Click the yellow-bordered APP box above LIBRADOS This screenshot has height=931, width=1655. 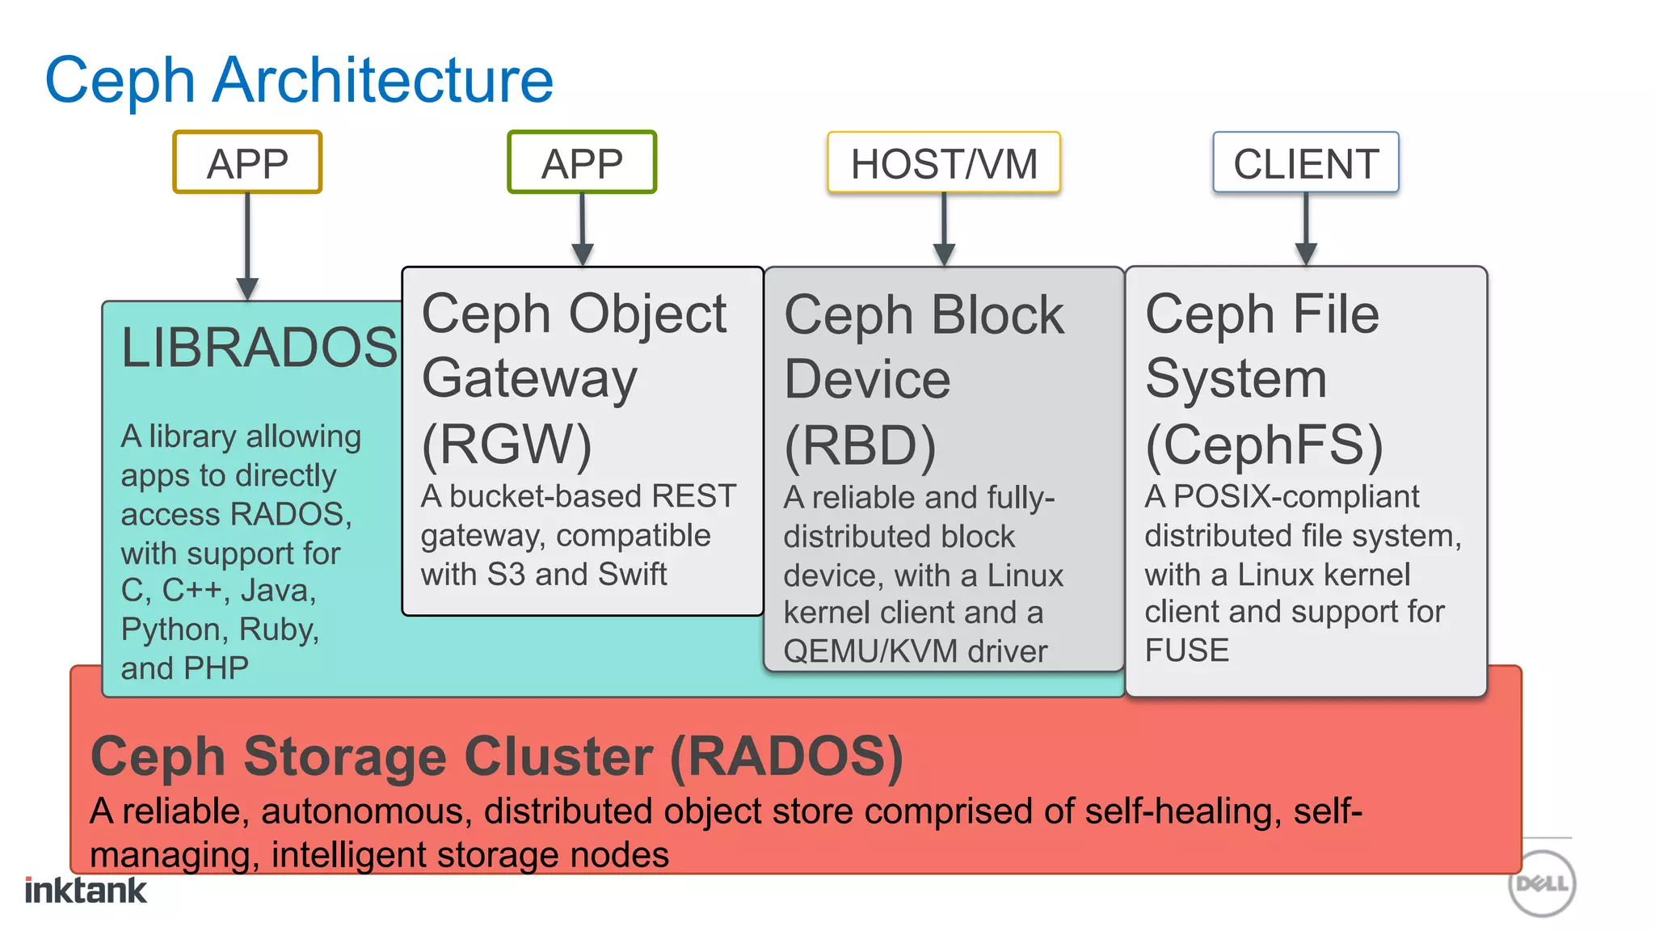247,163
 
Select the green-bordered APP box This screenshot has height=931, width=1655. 582,163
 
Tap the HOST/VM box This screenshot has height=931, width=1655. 944,163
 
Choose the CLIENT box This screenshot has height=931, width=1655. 1306,163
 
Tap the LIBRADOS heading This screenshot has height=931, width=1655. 259,348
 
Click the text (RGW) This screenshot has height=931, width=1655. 507,444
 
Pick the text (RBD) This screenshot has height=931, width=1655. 860,445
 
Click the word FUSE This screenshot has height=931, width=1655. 1186,651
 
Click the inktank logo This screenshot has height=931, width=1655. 86,890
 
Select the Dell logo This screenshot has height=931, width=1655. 1542,883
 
